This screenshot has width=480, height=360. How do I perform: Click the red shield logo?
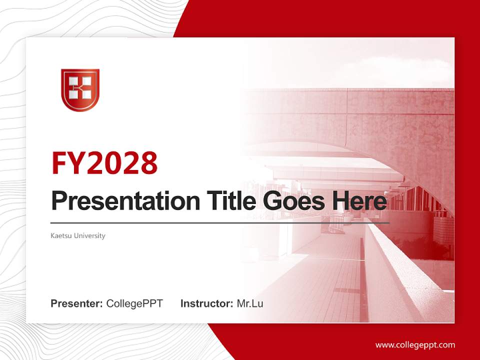[x=80, y=90]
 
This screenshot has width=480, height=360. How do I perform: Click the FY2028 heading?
[x=104, y=162]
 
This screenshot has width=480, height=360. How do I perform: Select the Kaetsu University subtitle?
[x=78, y=235]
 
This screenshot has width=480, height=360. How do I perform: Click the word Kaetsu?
[x=61, y=235]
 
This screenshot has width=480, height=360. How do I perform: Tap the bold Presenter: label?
[x=77, y=303]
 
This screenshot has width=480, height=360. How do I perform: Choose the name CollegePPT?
[x=134, y=303]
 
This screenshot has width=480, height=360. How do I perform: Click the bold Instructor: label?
[x=206, y=303]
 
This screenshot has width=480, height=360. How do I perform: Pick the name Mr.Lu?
[x=250, y=303]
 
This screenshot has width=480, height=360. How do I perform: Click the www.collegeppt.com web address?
[x=415, y=345]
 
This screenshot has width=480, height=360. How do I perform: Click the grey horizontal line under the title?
[x=220, y=222]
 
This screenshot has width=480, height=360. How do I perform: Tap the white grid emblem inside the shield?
[x=80, y=87]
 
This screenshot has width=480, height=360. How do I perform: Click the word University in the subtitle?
[x=90, y=235]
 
